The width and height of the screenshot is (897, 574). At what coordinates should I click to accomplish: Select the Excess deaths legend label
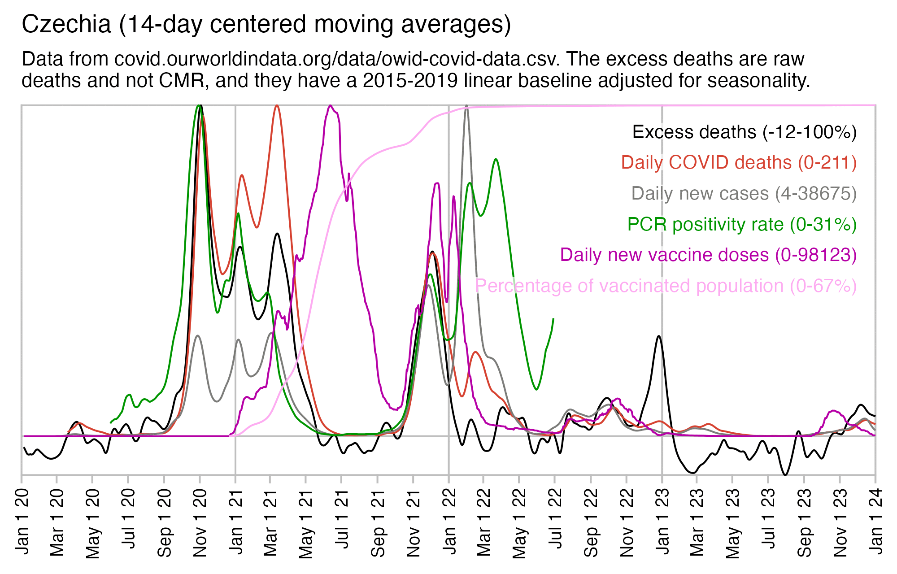[x=744, y=132]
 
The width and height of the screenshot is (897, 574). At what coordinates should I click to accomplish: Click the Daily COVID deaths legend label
[x=739, y=162]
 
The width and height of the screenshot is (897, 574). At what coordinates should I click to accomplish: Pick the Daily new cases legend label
[x=744, y=193]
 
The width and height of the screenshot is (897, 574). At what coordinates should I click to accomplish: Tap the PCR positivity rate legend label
[x=742, y=224]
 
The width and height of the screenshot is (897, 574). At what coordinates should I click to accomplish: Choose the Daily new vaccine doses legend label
[x=708, y=255]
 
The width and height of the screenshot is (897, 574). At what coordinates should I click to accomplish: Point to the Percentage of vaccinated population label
[x=666, y=286]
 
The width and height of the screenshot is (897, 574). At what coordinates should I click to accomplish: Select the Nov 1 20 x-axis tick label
[x=200, y=523]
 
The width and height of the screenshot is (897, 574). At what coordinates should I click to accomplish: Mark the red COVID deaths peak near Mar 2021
[x=277, y=106]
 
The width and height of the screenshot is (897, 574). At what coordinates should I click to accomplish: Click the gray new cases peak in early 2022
[x=467, y=107]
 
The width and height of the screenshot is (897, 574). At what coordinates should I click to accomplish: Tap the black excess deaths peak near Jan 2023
[x=658, y=336]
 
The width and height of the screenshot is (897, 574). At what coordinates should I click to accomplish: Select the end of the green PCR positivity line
[x=553, y=319]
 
